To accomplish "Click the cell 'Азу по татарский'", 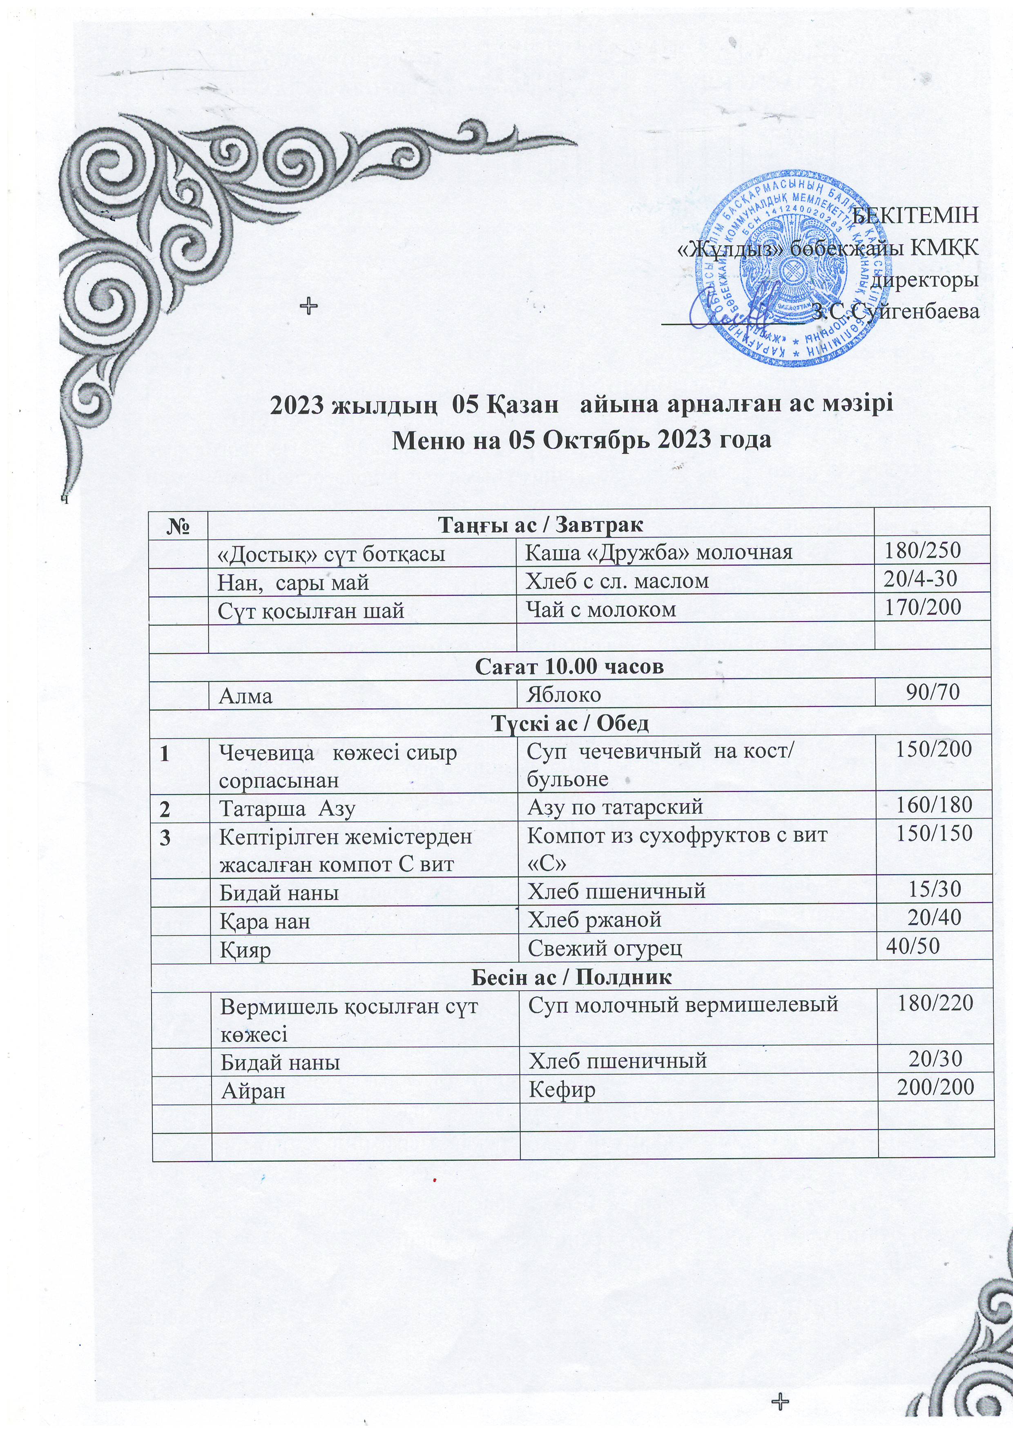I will click(616, 807).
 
